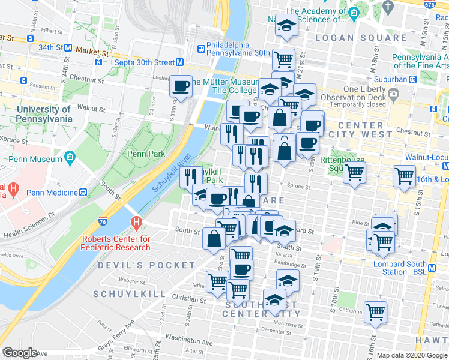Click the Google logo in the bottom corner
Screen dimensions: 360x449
[20, 353]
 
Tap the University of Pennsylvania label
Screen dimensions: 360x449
[44, 114]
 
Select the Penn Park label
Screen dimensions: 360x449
[146, 154]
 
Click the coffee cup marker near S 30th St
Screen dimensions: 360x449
[181, 87]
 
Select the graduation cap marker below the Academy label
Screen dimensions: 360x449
[285, 26]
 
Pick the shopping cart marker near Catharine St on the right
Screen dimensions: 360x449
[376, 311]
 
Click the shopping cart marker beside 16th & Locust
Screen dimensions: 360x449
[404, 176]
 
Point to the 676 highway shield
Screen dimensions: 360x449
[430, 4]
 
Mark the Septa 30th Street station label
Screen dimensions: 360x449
[139, 62]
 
